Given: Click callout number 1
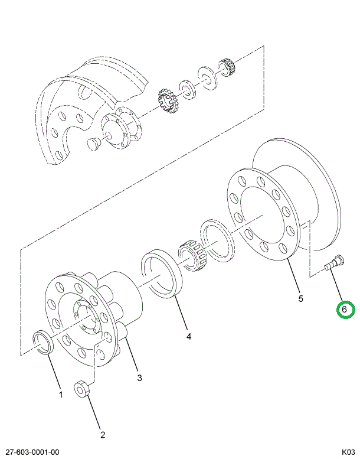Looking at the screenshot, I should (x=60, y=395).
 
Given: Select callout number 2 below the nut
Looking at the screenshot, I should (x=102, y=435).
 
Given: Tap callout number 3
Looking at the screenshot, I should (x=139, y=377).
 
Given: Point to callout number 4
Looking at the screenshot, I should (x=189, y=337).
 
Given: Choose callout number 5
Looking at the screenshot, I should (x=300, y=299).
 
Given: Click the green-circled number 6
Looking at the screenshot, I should (x=345, y=309).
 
